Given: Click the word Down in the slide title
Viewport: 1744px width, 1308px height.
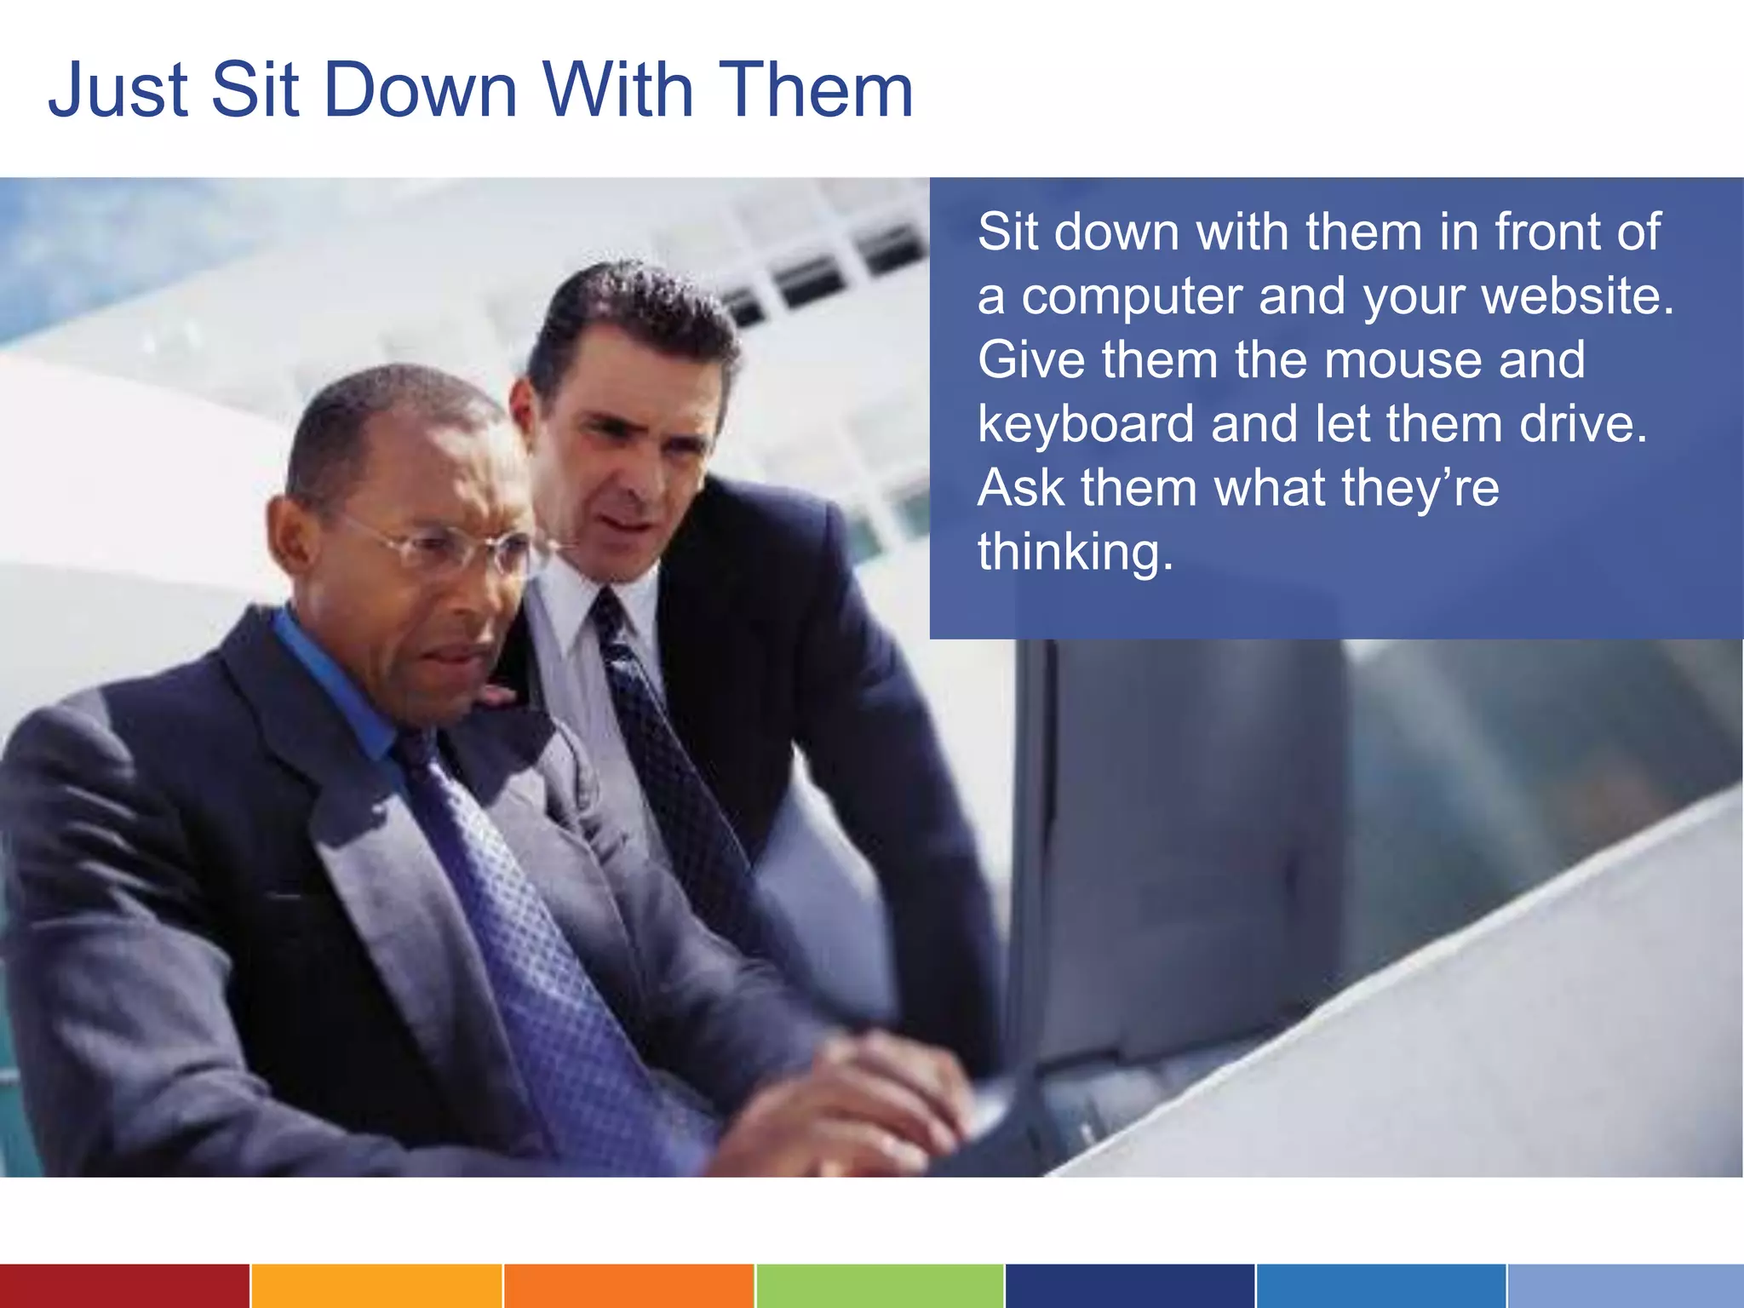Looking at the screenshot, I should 421,90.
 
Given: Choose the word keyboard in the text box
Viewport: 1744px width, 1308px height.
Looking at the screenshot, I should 1086,424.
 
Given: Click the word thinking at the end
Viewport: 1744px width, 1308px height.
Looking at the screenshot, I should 1075,553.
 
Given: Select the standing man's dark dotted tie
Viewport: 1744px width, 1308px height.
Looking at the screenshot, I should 664,749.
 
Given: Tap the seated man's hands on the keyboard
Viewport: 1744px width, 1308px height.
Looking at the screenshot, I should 860,1099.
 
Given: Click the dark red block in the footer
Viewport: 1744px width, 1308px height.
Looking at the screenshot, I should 124,1286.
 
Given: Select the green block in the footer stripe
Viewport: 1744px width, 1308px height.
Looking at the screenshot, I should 880,1286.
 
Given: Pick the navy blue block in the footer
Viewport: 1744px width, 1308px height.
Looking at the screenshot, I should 1130,1286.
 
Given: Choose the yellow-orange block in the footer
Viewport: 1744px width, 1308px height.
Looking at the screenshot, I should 376,1286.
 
